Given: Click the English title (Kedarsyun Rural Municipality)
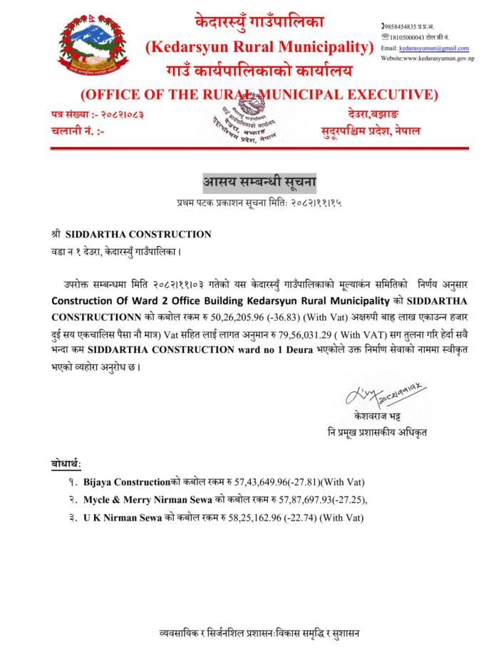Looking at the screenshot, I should pyautogui.click(x=259, y=48).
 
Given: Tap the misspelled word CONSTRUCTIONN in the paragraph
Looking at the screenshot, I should pyautogui.click(x=89, y=315).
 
